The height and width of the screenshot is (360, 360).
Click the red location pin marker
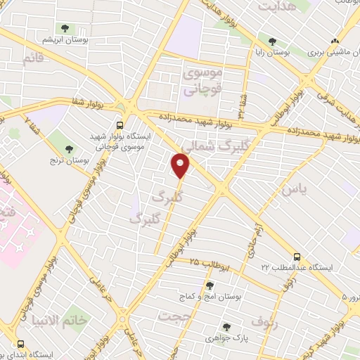(x=181, y=165)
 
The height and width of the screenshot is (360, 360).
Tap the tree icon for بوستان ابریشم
(x=65, y=29)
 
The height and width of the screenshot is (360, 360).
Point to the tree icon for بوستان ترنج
(x=69, y=148)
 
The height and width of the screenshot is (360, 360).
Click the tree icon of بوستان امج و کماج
(x=209, y=285)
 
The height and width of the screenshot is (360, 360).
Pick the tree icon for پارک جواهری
(x=226, y=327)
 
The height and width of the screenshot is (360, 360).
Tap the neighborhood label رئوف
(x=264, y=323)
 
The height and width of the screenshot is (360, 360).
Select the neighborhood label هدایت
(x=276, y=7)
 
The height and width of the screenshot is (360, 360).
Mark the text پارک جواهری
(x=225, y=338)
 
